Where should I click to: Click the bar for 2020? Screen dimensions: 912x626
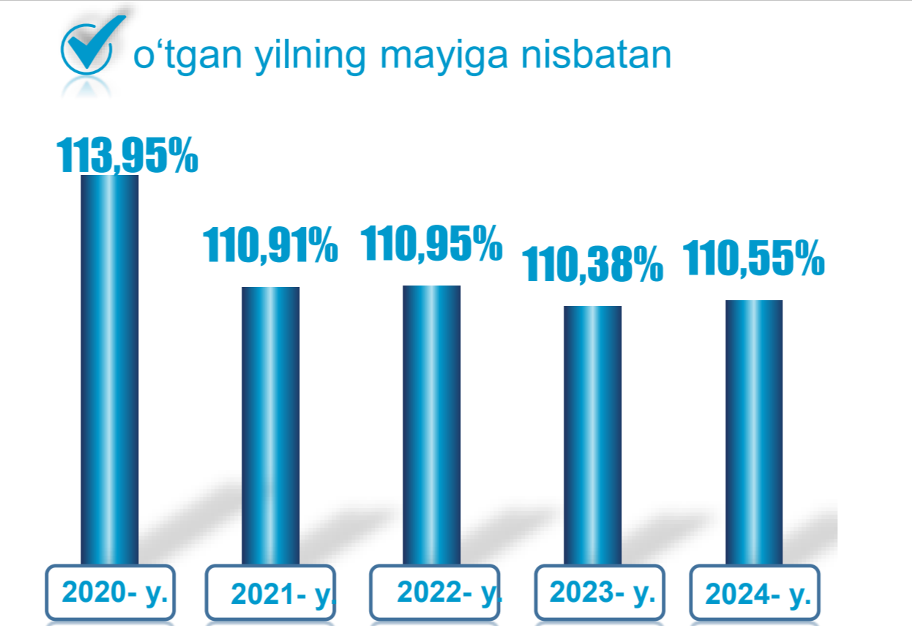click(110, 370)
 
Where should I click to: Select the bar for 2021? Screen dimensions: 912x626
click(271, 425)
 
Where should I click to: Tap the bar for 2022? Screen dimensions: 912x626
click(432, 425)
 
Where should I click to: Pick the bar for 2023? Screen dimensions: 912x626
click(593, 435)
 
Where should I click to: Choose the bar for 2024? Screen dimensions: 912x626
click(754, 432)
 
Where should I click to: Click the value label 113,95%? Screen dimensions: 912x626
click(127, 155)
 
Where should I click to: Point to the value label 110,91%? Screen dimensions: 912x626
click(271, 245)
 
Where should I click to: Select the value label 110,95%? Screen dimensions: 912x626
click(432, 243)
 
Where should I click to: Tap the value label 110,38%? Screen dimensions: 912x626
click(593, 264)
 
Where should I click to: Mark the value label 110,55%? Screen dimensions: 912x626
click(754, 258)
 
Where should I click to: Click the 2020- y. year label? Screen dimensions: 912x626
click(115, 592)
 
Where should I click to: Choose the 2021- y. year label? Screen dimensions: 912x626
click(283, 595)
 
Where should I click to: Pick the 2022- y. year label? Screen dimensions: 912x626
click(450, 592)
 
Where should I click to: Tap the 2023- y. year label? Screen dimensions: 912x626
click(602, 592)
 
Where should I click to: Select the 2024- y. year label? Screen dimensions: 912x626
click(758, 595)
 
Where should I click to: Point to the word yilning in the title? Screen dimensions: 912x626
click(310, 57)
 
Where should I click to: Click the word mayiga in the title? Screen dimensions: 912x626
click(444, 57)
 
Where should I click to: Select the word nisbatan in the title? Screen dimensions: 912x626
click(596, 55)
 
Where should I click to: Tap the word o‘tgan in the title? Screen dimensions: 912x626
click(187, 57)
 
